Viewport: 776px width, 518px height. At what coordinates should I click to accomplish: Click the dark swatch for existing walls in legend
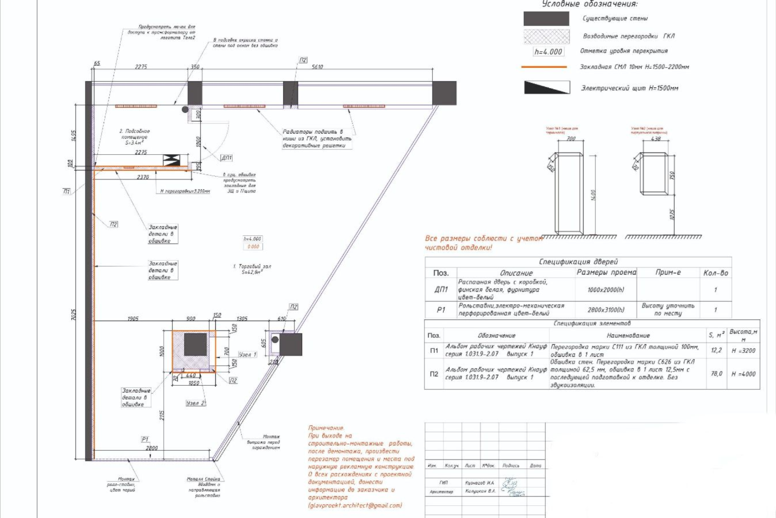pyautogui.click(x=546, y=18)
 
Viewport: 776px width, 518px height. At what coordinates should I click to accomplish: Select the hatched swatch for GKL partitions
pyautogui.click(x=546, y=36)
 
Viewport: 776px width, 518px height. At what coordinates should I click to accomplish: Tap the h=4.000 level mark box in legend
pyautogui.click(x=548, y=52)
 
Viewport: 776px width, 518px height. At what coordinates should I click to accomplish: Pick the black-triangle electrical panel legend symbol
pyautogui.click(x=546, y=87)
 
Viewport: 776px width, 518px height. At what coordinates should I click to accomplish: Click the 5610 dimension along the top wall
pyautogui.click(x=317, y=67)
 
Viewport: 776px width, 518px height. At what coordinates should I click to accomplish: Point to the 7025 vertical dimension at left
pyautogui.click(x=73, y=315)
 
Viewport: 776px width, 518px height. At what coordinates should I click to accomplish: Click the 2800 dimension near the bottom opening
pyautogui.click(x=151, y=448)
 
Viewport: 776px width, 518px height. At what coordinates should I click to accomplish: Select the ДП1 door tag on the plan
pyautogui.click(x=227, y=158)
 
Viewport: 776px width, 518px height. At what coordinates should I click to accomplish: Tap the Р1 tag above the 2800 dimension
pyautogui.click(x=145, y=439)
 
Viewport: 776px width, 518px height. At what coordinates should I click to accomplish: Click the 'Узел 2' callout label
pyautogui.click(x=196, y=403)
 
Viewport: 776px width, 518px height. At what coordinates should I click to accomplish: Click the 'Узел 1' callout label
pyautogui.click(x=248, y=355)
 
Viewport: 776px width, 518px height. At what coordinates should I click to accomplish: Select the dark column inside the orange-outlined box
pyautogui.click(x=195, y=345)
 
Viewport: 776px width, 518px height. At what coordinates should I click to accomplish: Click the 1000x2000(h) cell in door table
pyautogui.click(x=606, y=290)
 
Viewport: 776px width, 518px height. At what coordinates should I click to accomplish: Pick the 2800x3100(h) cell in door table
pyautogui.click(x=606, y=310)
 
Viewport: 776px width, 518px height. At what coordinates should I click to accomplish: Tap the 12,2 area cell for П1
pyautogui.click(x=716, y=350)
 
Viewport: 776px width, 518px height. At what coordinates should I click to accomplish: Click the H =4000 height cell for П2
pyautogui.click(x=743, y=374)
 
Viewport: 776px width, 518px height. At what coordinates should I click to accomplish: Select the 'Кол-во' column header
pyautogui.click(x=716, y=273)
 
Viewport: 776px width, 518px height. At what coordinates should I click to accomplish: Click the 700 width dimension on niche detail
pyautogui.click(x=570, y=139)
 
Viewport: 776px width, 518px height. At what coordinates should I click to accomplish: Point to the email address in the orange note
pyautogui.click(x=355, y=505)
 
